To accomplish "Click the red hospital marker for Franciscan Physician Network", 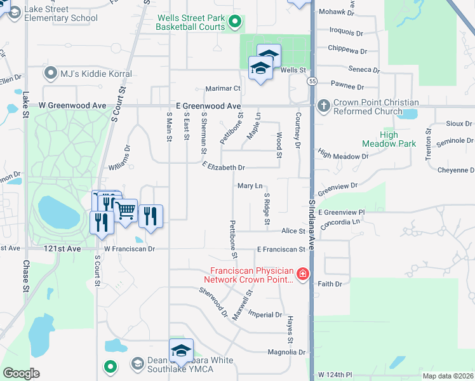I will [303, 274].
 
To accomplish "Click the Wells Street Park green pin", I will [234, 23].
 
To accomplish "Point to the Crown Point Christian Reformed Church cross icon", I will [323, 105].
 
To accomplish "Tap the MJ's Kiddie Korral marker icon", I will [51, 74].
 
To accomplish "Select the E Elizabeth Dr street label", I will [224, 167].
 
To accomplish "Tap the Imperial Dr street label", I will [265, 314].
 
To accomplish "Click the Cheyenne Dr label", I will [456, 170].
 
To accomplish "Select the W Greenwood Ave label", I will [72, 105].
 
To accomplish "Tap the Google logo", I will [21, 373].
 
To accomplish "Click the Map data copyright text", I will [447, 376].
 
